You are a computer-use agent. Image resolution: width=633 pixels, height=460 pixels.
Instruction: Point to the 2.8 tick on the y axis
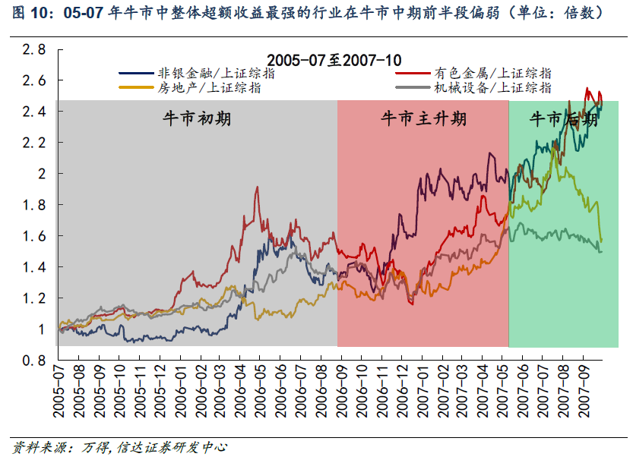[33, 49]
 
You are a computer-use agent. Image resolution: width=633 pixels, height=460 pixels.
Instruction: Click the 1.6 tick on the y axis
[33, 236]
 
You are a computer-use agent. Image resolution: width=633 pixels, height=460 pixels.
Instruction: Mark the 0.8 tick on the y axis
[33, 361]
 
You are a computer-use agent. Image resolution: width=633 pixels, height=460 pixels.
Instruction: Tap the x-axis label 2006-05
[259, 391]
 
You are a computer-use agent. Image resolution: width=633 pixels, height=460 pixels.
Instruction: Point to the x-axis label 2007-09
[586, 391]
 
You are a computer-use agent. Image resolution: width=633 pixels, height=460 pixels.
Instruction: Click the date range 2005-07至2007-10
[335, 59]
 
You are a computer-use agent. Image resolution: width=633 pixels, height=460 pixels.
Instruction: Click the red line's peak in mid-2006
[257, 187]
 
